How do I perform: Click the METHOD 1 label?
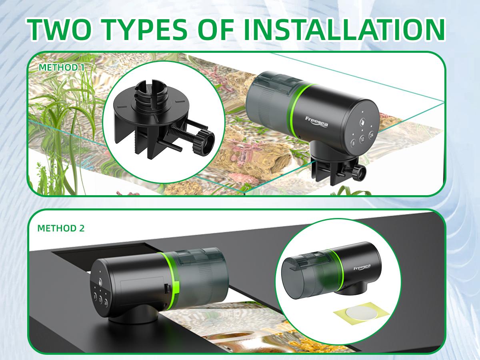[x=61, y=68]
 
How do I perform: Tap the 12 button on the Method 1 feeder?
[x=362, y=139]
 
